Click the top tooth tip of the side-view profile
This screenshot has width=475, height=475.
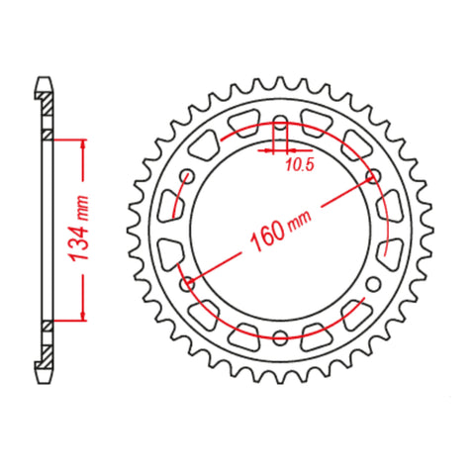[x=46, y=78]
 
